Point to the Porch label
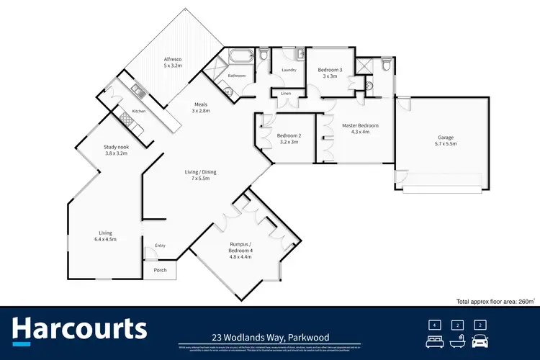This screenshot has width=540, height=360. (160, 271)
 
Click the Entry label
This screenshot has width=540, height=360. (160, 246)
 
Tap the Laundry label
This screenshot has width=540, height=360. (288, 70)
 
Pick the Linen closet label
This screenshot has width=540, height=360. (286, 94)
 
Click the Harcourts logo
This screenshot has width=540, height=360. (80, 330)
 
